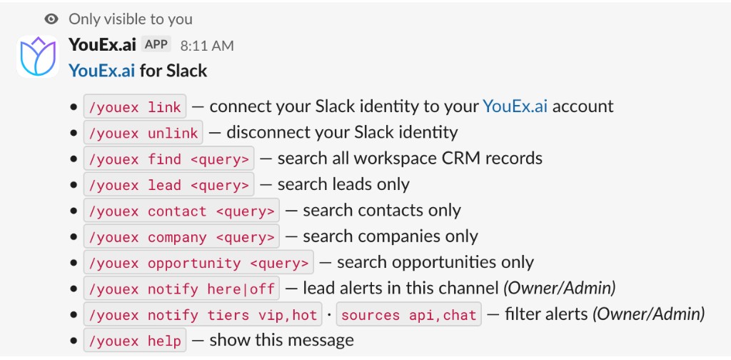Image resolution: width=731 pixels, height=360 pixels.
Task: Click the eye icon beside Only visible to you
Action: point(51,19)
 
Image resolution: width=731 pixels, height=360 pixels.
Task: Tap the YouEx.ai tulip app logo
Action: point(38,56)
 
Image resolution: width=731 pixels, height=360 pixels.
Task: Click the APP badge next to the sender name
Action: point(156,45)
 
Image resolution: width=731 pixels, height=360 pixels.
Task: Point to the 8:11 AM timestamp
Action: point(207,46)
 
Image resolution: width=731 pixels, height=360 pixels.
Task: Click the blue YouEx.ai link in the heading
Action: point(102,71)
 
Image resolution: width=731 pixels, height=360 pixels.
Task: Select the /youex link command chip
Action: point(135,107)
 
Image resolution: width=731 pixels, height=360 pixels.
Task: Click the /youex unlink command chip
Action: point(143,133)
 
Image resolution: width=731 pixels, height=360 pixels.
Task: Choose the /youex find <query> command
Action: point(168,159)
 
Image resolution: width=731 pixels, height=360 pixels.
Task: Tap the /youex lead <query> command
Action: point(168,185)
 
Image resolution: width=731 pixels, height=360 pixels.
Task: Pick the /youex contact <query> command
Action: point(181,211)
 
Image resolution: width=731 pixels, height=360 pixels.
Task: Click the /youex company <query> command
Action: point(181,237)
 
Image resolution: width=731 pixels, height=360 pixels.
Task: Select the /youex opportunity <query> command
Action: point(198,263)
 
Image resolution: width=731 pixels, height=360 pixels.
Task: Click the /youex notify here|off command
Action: point(181,289)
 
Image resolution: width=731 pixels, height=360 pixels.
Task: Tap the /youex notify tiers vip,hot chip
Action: point(203,315)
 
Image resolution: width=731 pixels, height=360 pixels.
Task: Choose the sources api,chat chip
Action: point(409,315)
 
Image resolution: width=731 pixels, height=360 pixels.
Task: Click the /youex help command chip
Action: point(135,341)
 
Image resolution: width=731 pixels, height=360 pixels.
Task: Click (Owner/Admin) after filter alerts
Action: point(648,314)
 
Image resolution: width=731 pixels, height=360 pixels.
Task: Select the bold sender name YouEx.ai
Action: point(102,45)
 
